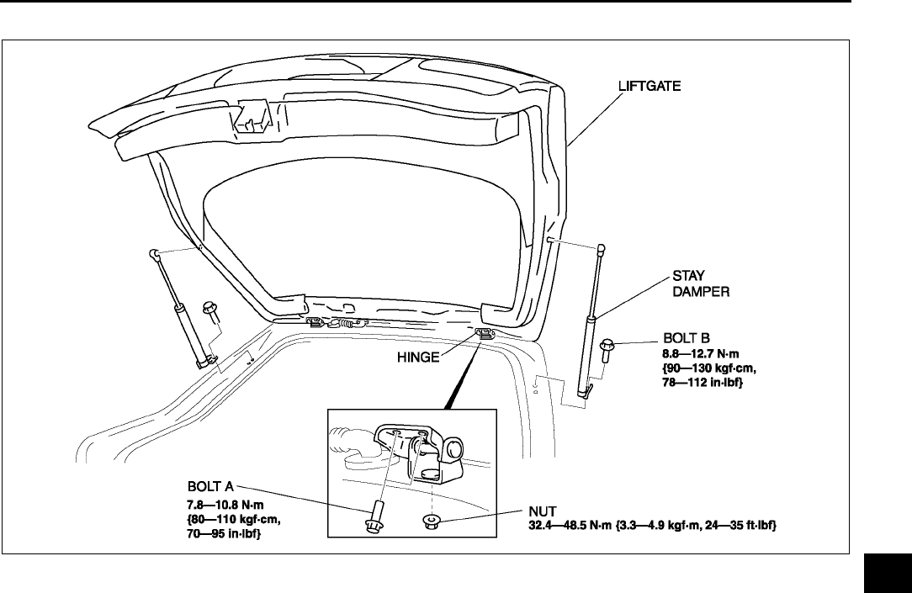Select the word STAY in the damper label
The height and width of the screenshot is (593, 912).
(688, 275)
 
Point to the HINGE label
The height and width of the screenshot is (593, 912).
(418, 357)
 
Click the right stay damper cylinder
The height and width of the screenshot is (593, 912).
(588, 353)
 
